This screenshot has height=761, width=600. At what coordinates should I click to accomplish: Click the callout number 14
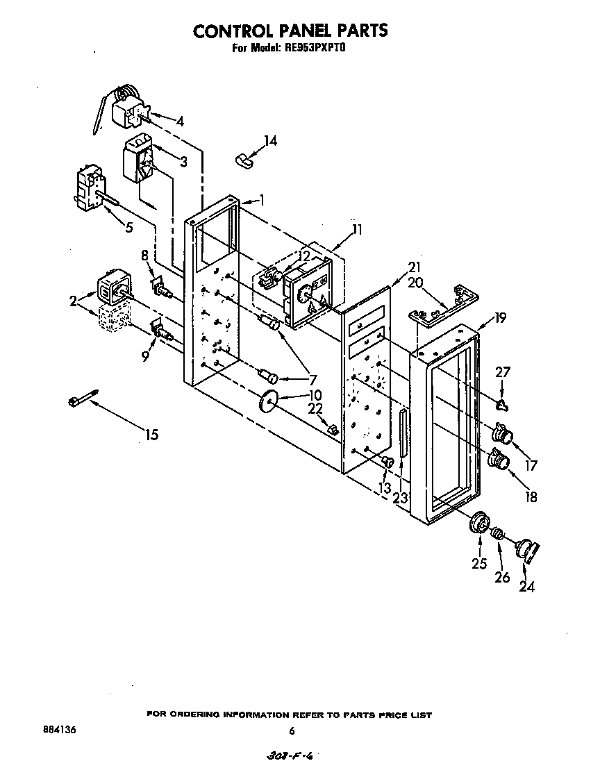click(x=270, y=141)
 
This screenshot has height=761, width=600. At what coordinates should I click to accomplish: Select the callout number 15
click(x=151, y=435)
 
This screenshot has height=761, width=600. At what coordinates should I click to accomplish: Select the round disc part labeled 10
click(x=268, y=403)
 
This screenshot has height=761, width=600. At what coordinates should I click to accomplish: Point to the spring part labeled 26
click(x=498, y=535)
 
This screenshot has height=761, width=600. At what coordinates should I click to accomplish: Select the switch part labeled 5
click(x=88, y=190)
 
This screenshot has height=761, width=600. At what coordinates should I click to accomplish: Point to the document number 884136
click(x=58, y=730)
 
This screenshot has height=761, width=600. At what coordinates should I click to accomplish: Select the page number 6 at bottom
click(x=292, y=730)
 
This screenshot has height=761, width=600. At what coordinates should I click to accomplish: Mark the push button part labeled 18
click(x=499, y=459)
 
